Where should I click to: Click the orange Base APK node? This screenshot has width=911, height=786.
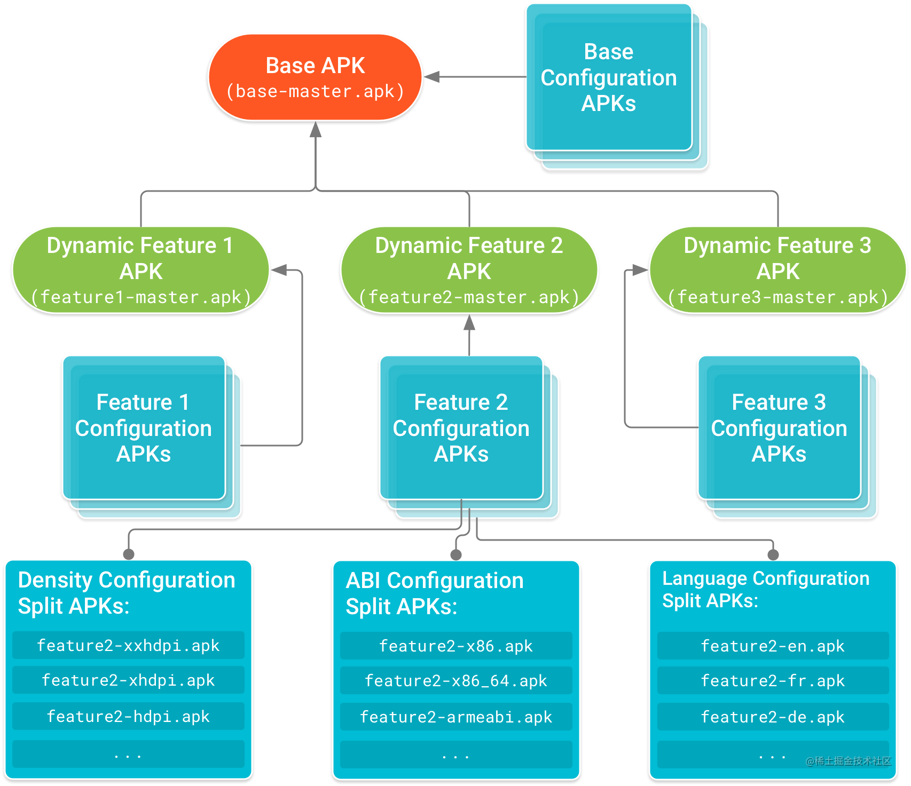coord(315,77)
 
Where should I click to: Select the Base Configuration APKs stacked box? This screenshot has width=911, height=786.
coord(609,78)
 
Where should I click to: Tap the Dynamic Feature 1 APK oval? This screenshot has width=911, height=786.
coord(140,269)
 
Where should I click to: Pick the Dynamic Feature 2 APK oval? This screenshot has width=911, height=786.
coord(469,269)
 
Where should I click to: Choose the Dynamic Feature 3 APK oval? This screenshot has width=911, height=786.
coord(778,269)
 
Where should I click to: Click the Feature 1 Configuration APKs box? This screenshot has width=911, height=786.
coord(144,428)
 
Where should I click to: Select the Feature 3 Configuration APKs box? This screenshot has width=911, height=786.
coord(779,428)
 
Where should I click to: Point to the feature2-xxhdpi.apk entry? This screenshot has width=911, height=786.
coord(128,646)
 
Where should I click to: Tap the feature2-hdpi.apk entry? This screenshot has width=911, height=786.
coord(128,716)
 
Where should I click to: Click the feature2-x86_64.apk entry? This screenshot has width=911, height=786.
coord(456,681)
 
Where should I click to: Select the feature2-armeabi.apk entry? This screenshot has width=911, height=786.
coord(456,717)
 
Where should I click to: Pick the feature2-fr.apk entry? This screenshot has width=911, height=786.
coord(773,681)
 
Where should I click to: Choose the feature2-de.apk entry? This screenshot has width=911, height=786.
coord(773,717)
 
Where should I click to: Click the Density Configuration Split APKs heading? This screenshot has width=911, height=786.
coord(127,593)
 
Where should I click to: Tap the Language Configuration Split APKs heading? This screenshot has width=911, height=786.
coord(766,589)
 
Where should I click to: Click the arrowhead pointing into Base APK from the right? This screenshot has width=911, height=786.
coord(432,77)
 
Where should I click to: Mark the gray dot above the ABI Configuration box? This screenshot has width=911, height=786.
coord(456,555)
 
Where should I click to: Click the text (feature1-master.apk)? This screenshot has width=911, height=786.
coord(140,297)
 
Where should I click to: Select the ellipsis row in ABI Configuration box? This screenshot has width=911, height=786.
coord(456,755)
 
